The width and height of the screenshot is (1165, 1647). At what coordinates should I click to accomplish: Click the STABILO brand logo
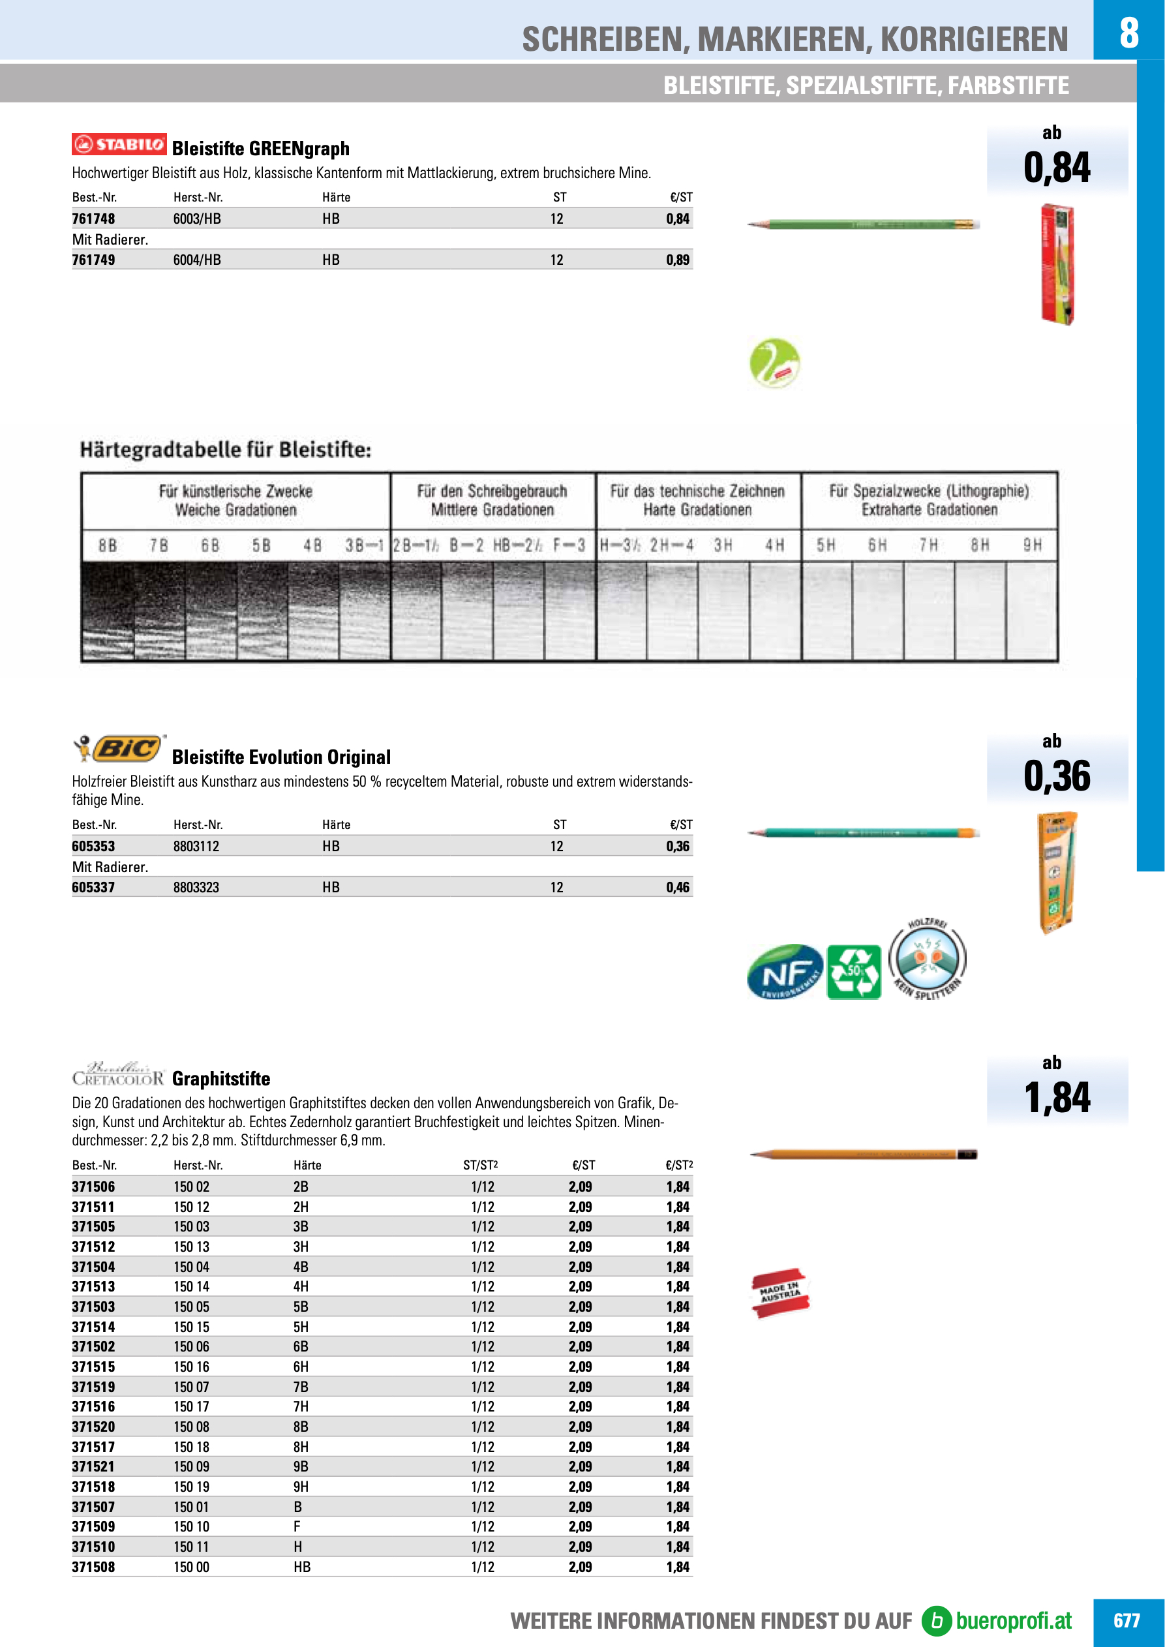point(119,144)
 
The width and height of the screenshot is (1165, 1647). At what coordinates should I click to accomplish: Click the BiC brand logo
point(120,749)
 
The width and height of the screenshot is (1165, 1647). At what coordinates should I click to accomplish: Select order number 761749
point(93,260)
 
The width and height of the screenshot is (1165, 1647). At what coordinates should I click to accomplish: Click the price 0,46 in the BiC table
point(677,887)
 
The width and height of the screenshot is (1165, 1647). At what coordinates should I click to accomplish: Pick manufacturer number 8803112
point(196,847)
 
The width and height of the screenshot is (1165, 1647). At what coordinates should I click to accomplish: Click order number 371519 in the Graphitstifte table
point(93,1387)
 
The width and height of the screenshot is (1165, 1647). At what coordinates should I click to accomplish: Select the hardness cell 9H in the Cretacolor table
point(301,1487)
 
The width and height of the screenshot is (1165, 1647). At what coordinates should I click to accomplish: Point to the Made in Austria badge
point(779,1293)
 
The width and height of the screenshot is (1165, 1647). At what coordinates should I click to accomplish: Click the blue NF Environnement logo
point(785,972)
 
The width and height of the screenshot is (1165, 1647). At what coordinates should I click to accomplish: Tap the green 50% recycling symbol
point(854,972)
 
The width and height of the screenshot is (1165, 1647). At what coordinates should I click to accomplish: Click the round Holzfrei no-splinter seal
point(928,959)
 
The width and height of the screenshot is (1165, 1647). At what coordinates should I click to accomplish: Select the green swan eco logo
point(775,363)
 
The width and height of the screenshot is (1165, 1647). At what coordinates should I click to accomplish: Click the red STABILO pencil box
point(1057,264)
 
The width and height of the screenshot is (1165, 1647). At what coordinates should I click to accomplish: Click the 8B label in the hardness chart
point(108,546)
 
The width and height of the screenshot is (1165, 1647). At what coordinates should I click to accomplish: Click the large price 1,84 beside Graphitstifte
point(1057,1098)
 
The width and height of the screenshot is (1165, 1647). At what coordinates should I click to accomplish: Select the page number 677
point(1127,1620)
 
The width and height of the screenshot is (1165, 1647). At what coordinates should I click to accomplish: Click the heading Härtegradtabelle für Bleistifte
point(225,450)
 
